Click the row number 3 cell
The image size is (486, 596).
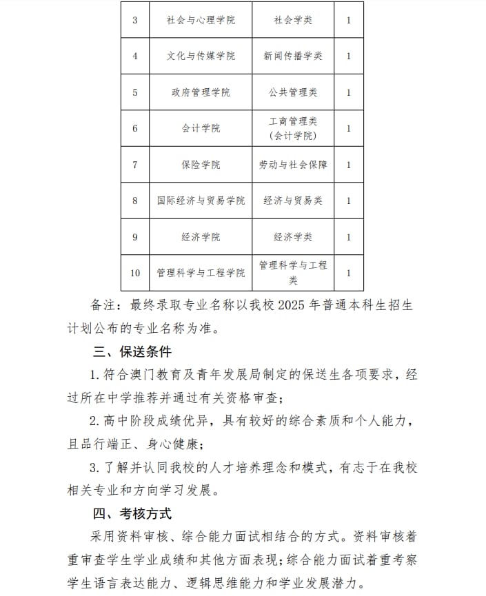click(135, 20)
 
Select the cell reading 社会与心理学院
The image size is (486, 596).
click(201, 20)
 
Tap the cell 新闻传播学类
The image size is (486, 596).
click(293, 56)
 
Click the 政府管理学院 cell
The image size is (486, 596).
click(201, 92)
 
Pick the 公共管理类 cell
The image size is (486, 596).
click(293, 92)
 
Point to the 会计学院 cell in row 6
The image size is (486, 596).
click(201, 128)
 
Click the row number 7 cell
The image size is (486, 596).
click(135, 165)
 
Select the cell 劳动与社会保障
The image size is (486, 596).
click(293, 165)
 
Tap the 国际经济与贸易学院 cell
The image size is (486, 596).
click(201, 201)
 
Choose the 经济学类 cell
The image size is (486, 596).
click(293, 237)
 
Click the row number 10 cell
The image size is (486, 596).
click(135, 273)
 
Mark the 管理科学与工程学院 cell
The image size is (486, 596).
click(201, 273)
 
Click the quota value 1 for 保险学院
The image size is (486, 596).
click(349, 165)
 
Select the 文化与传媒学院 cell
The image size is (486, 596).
click(201, 56)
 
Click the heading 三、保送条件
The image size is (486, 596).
click(132, 352)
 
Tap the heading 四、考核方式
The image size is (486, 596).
click(132, 513)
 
